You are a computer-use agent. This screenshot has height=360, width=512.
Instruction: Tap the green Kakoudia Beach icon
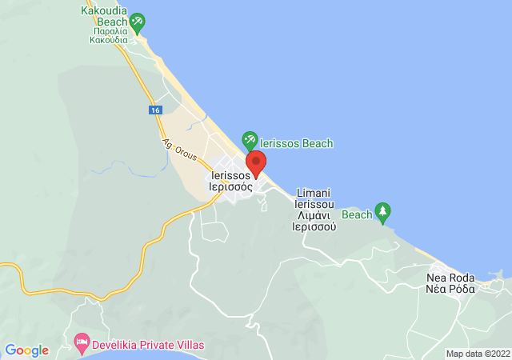tap(138, 22)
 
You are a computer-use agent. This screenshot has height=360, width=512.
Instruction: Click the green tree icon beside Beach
tap(383, 212)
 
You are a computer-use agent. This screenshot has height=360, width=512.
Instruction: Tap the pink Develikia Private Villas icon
tap(81, 344)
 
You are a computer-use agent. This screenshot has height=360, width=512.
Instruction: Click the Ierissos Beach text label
tap(297, 143)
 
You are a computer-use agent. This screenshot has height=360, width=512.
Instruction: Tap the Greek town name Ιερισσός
tap(231, 187)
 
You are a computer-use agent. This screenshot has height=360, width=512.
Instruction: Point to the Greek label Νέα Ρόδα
tap(450, 289)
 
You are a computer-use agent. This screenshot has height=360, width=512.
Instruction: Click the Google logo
tap(26, 350)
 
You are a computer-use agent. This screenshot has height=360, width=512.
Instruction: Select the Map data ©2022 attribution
tap(478, 354)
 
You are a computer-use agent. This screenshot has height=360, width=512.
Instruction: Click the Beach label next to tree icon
tap(358, 214)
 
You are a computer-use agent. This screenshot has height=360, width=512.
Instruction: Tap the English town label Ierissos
tap(230, 175)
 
